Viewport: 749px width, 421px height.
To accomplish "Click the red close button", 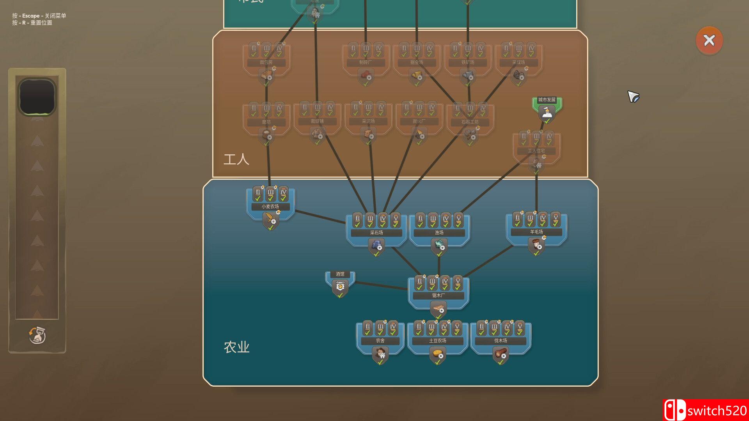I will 709,40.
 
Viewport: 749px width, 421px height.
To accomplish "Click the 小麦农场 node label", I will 270,207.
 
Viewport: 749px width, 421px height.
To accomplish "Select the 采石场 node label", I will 376,233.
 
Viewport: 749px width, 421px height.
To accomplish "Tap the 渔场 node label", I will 439,233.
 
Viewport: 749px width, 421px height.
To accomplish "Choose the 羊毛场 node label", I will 536,232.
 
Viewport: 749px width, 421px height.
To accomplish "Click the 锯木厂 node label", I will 438,295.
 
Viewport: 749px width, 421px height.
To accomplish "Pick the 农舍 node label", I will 380,341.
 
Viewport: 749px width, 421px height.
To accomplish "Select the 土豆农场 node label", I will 438,341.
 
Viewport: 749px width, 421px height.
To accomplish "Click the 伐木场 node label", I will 501,341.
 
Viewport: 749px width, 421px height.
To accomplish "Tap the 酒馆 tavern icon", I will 340,287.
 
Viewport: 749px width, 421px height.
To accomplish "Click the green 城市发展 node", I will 547,109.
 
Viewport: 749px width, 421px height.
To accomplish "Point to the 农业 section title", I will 236,347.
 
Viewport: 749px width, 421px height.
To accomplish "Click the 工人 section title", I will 236,159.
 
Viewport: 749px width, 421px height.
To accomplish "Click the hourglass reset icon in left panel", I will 37,335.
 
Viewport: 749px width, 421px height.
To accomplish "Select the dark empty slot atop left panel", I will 37,96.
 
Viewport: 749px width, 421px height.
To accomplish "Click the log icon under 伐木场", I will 501,354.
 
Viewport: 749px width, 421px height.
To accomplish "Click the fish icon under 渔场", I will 439,246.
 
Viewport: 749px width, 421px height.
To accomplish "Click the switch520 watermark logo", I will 705,410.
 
